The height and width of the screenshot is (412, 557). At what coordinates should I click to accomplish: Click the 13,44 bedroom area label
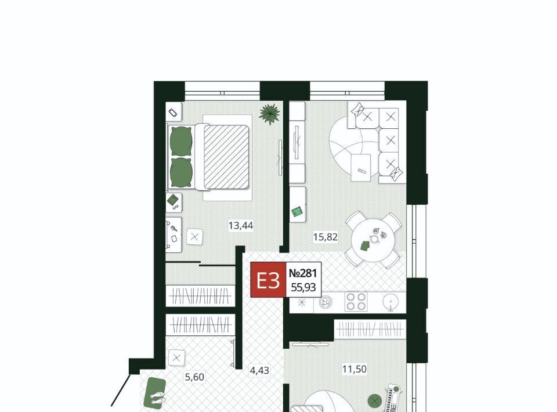coord(241,226)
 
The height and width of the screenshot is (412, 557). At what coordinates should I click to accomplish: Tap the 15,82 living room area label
coord(325,237)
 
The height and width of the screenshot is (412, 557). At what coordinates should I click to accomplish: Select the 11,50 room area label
coord(354,369)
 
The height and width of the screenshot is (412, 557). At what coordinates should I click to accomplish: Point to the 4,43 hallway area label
coord(259,370)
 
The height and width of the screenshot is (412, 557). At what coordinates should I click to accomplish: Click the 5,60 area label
coord(195,377)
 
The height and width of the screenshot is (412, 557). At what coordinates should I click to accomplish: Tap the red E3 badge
coord(268,280)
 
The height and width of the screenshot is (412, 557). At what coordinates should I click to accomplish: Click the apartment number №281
coord(303,273)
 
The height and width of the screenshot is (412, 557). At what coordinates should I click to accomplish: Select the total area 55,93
coord(303,287)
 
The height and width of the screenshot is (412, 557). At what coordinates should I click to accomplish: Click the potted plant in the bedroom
coord(270,114)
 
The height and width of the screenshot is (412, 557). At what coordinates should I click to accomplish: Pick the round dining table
coord(372,240)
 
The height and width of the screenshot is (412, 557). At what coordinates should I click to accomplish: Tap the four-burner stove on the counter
coord(356,302)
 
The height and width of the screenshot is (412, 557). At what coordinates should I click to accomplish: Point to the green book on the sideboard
coord(297,212)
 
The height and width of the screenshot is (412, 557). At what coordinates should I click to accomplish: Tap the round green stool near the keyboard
coord(375,402)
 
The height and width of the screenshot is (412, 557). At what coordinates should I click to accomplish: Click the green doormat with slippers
coord(155,393)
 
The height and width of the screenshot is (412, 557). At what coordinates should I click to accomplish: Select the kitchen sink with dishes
coord(325,302)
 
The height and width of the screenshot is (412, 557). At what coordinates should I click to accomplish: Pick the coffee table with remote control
coord(361,168)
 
